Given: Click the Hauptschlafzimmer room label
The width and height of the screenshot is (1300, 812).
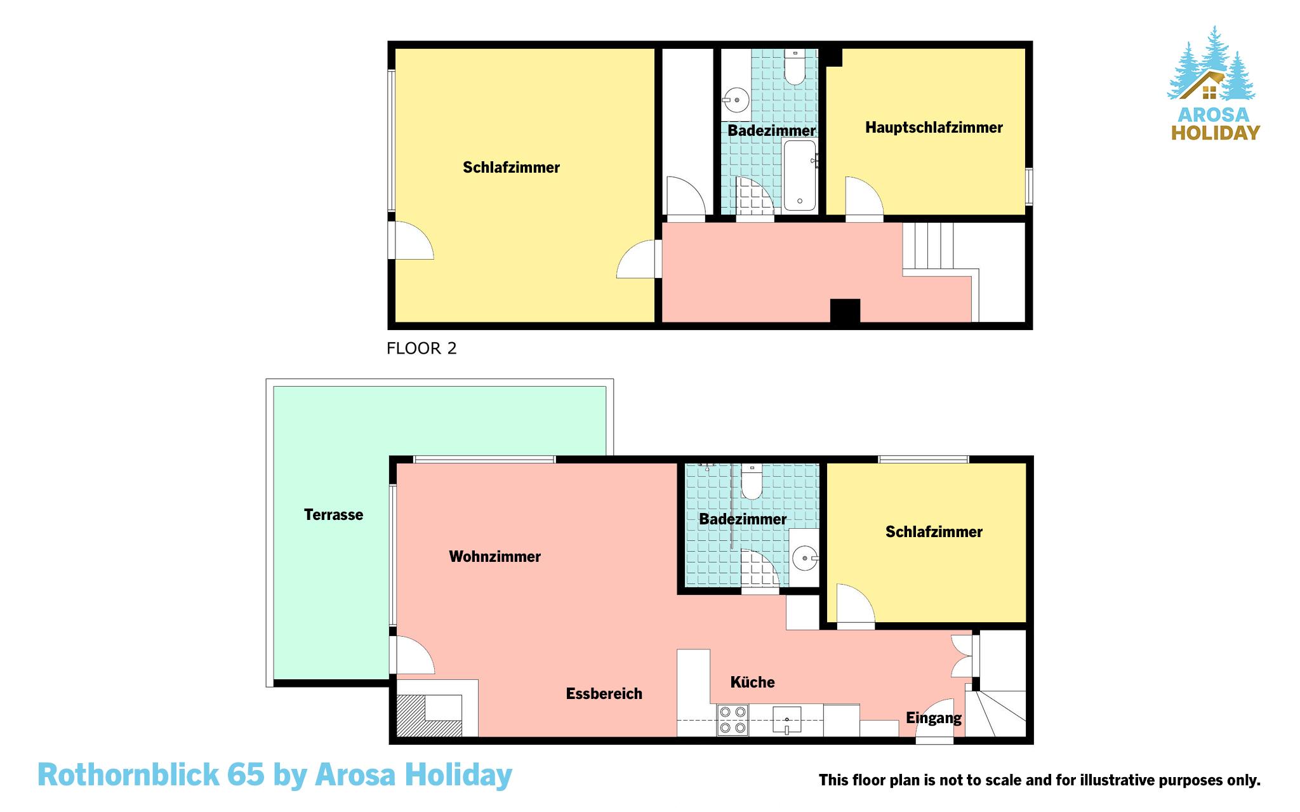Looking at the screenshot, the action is click(x=934, y=128).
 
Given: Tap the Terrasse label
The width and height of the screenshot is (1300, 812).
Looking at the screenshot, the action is click(x=333, y=515).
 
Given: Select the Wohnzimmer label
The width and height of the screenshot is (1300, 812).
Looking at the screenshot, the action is click(x=494, y=557).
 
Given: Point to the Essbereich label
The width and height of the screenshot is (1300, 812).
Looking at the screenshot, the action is click(x=604, y=694).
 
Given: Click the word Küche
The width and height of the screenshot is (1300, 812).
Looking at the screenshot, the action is click(x=752, y=682).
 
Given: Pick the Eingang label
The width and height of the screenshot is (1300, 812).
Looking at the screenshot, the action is click(x=933, y=719).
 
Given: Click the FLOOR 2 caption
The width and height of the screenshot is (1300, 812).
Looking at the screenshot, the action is click(x=421, y=349).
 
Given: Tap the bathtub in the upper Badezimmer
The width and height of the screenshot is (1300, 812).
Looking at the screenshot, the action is click(x=800, y=175).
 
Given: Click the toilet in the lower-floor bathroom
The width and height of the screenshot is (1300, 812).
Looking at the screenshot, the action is click(x=752, y=482).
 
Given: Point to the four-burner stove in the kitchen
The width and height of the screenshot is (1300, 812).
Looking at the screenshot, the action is click(x=733, y=721).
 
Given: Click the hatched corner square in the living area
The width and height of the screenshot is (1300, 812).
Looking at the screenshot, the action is click(x=428, y=716).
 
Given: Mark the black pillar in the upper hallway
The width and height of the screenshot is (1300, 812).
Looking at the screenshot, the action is click(x=845, y=310).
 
